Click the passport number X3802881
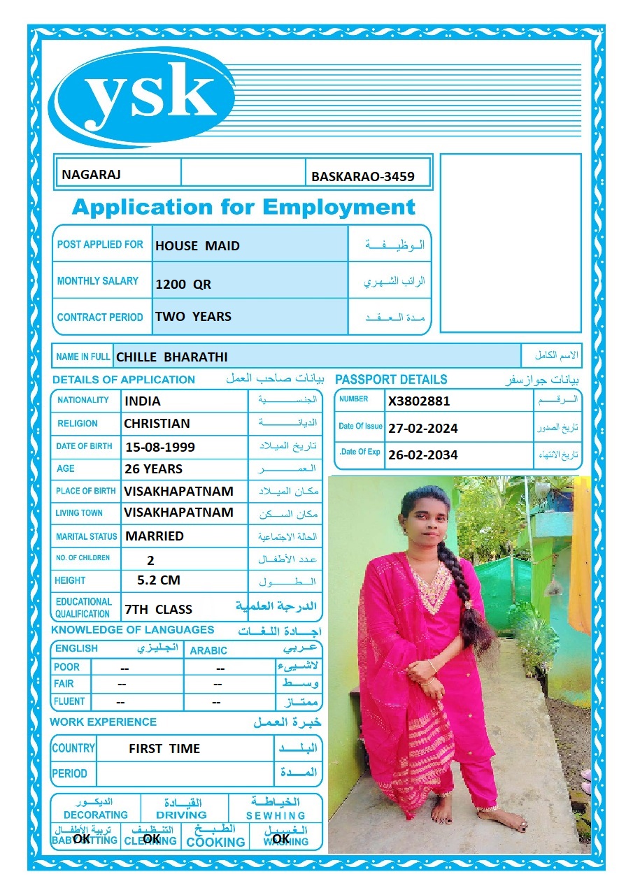[419, 401]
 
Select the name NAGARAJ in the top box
[91, 174]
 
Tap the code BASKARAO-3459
[363, 177]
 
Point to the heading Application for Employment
[243, 207]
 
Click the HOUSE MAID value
[197, 245]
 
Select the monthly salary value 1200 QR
[183, 285]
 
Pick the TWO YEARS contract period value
[193, 316]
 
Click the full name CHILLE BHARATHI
[172, 357]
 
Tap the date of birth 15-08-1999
[159, 447]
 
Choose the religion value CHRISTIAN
[157, 423]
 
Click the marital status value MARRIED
[155, 536]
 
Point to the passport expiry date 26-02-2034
[423, 454]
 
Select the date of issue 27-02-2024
[423, 428]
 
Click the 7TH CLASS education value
[158, 609]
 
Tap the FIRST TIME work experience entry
[164, 748]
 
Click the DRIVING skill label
[181, 815]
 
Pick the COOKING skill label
[215, 842]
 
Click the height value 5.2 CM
[159, 580]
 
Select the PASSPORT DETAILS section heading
[391, 380]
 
